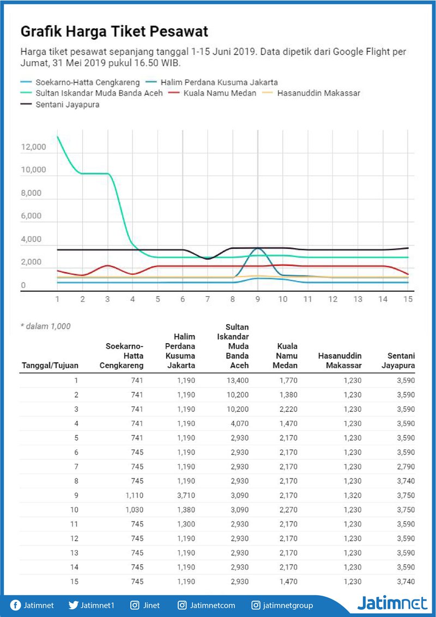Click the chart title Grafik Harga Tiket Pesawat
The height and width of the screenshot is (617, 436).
[x=114, y=32]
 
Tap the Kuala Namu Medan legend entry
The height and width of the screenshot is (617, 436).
[x=213, y=94]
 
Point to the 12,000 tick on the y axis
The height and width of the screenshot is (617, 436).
[x=33, y=147]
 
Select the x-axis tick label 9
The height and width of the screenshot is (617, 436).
[x=258, y=299]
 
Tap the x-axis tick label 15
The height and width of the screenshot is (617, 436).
[x=408, y=299]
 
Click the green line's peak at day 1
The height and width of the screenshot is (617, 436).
[x=57, y=136]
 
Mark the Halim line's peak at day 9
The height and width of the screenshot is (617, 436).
[x=258, y=248]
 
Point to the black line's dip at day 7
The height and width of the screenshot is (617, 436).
[x=208, y=259]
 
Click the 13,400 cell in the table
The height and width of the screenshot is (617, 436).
[x=237, y=380]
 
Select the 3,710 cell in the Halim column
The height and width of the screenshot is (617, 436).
[x=185, y=495]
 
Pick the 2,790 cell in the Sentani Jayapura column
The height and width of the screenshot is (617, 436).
[x=404, y=466]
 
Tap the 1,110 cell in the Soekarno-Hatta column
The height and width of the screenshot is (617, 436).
[x=135, y=495]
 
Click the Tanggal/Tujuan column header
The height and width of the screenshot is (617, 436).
[x=50, y=366]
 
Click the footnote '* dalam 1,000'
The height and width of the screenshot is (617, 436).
[x=46, y=326]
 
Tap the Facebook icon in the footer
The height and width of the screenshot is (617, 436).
[x=15, y=605]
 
